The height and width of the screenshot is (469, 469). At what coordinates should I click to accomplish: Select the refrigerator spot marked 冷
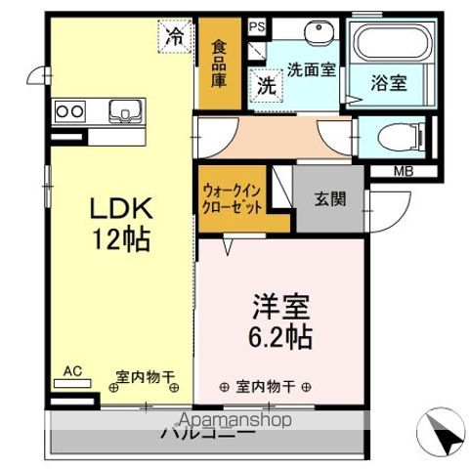[x=174, y=37]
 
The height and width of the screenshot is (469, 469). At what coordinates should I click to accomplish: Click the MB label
[x=403, y=174]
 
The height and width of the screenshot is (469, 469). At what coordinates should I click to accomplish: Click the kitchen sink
[x=124, y=109]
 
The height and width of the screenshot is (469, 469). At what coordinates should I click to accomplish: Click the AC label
[x=71, y=371]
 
